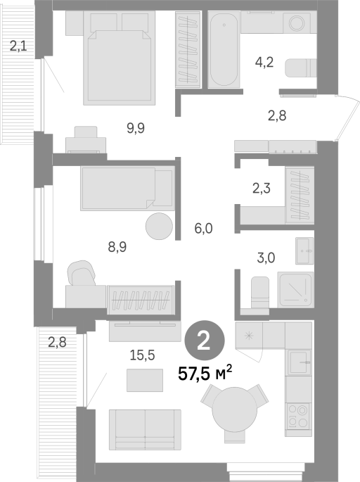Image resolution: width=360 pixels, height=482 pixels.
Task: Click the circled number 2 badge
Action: (205, 341)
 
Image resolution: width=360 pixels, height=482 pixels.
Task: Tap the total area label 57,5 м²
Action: (205, 373)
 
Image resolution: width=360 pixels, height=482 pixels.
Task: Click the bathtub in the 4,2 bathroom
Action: (224, 50)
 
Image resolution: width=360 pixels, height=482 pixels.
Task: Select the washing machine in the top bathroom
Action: (297, 23)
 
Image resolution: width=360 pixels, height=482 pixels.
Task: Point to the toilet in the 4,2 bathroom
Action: (301, 68)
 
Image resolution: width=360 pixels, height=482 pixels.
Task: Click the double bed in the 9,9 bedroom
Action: (119, 58)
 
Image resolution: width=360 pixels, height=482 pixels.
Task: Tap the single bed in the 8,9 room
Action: (127, 189)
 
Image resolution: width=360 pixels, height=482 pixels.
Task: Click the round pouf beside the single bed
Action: (159, 226)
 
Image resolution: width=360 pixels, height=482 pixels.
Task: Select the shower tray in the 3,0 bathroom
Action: (295, 290)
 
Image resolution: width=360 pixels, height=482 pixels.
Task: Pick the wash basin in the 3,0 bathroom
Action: (304, 250)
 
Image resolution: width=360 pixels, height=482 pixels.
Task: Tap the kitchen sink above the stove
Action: (300, 362)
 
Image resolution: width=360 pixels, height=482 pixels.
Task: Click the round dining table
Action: (235, 410)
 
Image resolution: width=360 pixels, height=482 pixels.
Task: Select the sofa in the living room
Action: (145, 429)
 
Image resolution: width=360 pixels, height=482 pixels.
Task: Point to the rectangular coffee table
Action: (145, 380)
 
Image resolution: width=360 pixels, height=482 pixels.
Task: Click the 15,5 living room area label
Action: (142, 355)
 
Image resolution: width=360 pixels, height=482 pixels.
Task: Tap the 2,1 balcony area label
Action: (18, 46)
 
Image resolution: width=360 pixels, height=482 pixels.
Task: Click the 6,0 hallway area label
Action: (204, 229)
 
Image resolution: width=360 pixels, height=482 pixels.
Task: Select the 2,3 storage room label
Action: (262, 188)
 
